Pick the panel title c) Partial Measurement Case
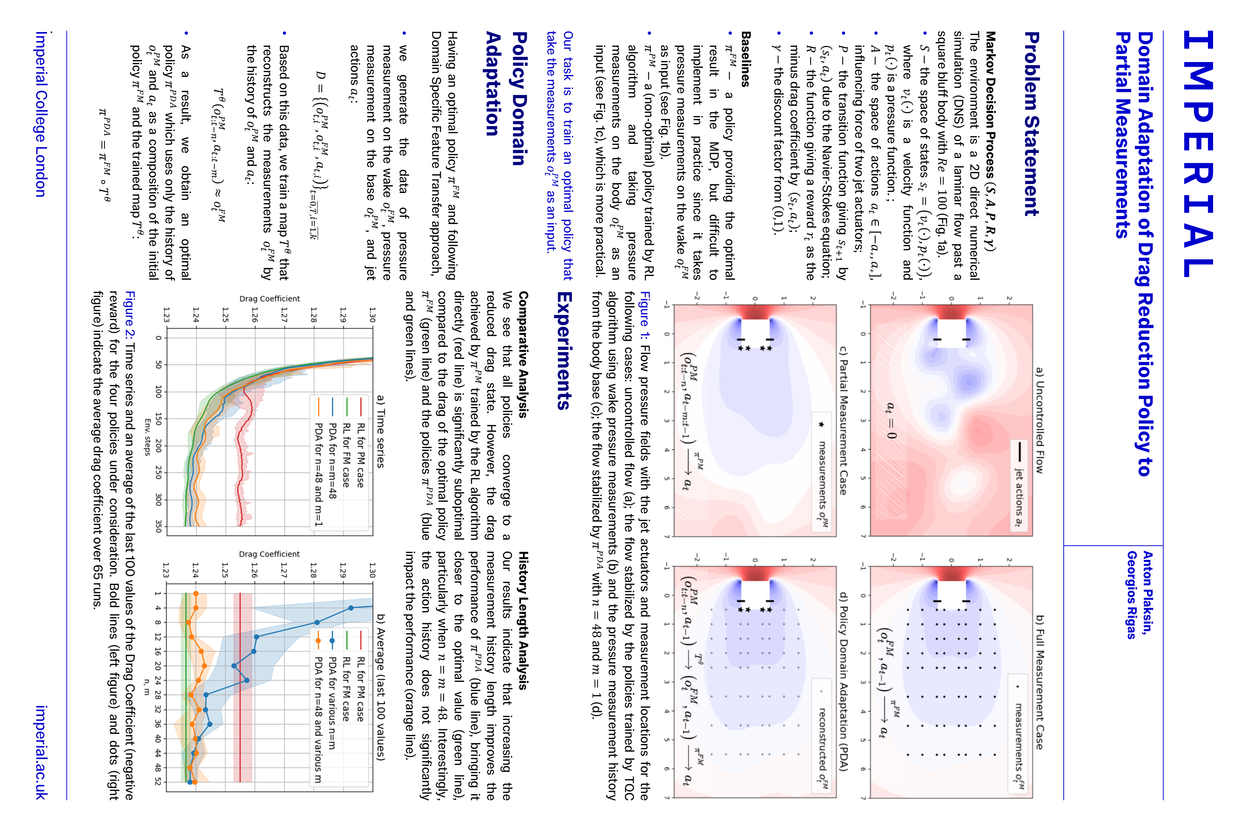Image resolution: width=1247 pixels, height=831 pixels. (x=843, y=421)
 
